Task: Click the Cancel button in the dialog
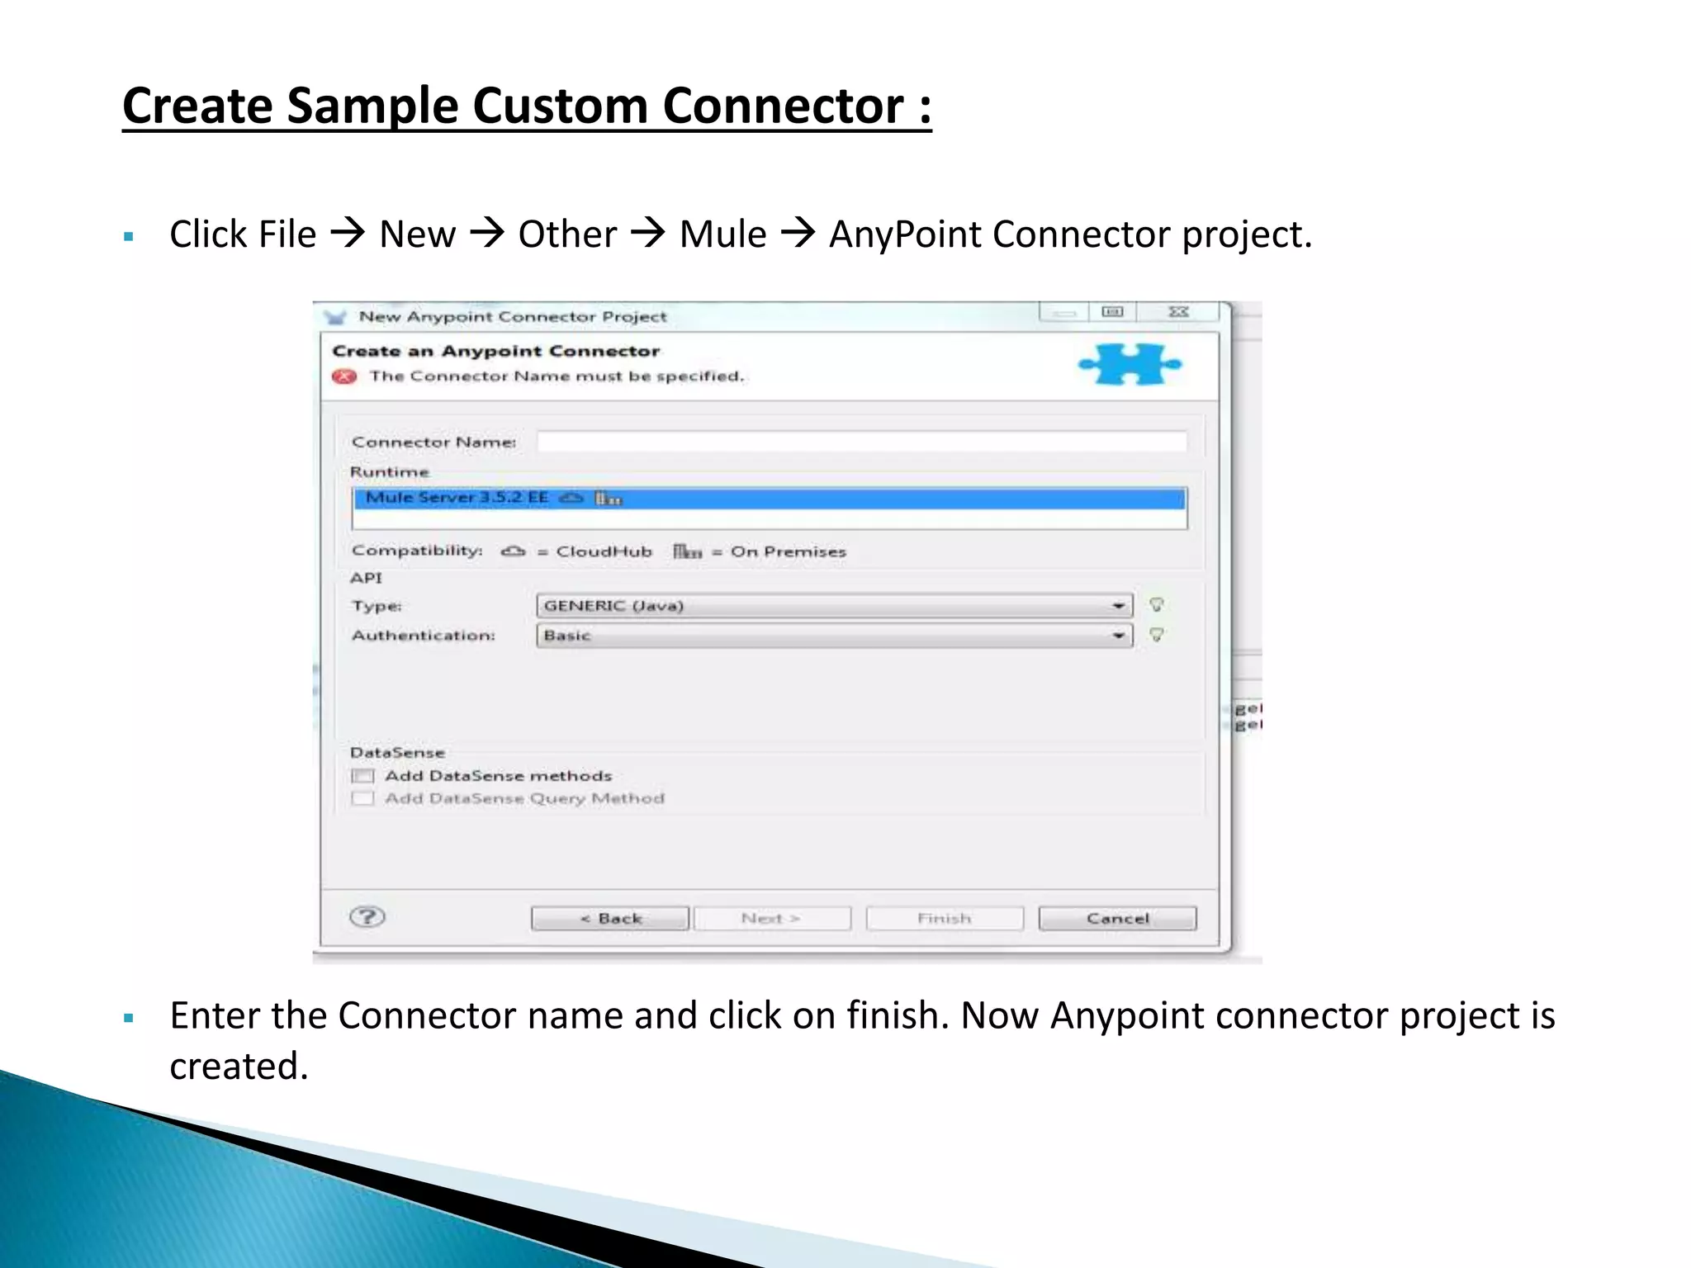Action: [1116, 918]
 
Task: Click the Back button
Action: [609, 918]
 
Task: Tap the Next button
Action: [771, 918]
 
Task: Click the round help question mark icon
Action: [367, 916]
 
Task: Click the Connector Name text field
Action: [861, 442]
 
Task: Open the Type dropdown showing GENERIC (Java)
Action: [834, 606]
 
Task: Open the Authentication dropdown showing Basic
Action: [834, 636]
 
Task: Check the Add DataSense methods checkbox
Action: [362, 776]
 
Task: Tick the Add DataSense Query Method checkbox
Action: [362, 798]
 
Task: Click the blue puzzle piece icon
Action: [1130, 364]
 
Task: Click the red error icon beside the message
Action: [344, 376]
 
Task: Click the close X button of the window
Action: [1178, 312]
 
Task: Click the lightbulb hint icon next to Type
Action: [1157, 605]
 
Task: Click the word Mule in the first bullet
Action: [722, 234]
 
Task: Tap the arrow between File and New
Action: [348, 234]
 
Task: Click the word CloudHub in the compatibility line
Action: [604, 551]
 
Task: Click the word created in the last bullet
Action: [239, 1066]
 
